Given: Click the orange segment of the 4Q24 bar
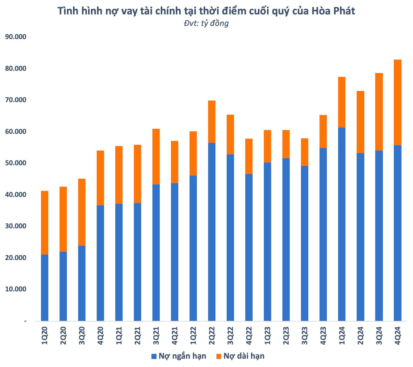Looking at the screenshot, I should coord(397,102).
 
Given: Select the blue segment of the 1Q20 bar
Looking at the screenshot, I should coord(45,288).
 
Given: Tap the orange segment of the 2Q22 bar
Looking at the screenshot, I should coord(212,122).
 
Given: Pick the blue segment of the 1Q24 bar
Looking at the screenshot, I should coord(342,224).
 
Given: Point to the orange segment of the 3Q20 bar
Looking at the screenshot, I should coord(82,212).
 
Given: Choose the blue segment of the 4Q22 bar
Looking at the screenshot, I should coord(249,247).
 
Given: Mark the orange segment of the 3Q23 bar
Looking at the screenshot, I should coord(304,152).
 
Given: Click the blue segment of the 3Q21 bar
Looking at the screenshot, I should coord(156,253).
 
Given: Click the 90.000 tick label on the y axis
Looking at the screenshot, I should coord(15,37).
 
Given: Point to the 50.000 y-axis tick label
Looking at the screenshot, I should coord(15,163).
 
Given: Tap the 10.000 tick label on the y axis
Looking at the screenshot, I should coord(15,289).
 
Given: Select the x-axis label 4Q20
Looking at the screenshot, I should coord(100,336).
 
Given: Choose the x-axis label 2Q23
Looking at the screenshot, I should coord(286,336).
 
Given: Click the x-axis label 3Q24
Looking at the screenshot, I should coord(379,336).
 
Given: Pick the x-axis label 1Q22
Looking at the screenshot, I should coord(193,336).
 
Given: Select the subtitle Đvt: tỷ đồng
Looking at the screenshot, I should coord(206,23).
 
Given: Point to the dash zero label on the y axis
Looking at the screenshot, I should coord(25,321).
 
